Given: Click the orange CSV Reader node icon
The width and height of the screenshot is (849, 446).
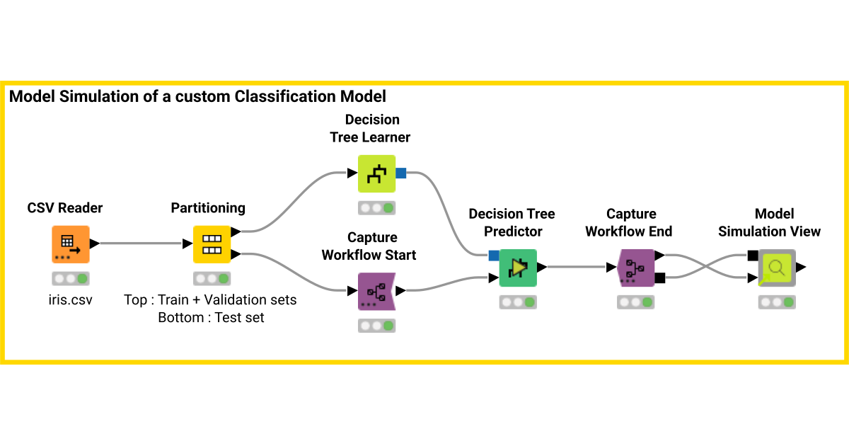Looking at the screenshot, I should click(71, 244).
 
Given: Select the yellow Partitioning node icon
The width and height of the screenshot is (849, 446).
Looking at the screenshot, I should click(212, 244).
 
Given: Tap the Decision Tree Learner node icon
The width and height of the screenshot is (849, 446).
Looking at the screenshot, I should click(376, 173).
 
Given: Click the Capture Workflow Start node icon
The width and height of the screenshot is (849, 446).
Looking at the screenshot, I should click(376, 291).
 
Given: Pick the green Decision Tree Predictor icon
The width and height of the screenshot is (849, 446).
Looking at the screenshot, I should click(518, 268).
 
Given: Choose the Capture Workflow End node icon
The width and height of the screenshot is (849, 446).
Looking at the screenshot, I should click(635, 268).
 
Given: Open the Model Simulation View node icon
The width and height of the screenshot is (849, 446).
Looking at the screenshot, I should click(777, 268).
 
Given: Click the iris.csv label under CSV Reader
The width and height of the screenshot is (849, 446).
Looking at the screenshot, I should click(70, 299).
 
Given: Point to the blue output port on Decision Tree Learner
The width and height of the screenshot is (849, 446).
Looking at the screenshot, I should click(400, 173).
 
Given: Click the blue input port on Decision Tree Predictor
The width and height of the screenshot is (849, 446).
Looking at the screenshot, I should click(494, 256).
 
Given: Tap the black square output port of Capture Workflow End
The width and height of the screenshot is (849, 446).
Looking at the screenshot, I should click(660, 278).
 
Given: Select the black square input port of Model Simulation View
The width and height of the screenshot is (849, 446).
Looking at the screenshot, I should click(753, 256).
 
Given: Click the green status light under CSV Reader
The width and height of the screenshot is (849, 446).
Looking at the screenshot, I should click(83, 278).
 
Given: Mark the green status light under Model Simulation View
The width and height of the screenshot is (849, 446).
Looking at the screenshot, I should click(789, 302).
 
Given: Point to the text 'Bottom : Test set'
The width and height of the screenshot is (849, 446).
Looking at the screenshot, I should click(211, 318).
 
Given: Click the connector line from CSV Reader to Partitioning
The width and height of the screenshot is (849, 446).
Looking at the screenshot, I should click(141, 244).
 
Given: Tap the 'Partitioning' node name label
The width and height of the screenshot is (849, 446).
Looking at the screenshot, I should click(208, 207).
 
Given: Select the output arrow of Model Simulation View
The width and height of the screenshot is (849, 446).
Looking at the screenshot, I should click(801, 267).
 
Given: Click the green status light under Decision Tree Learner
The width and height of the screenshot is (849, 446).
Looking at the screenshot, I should click(388, 208).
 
